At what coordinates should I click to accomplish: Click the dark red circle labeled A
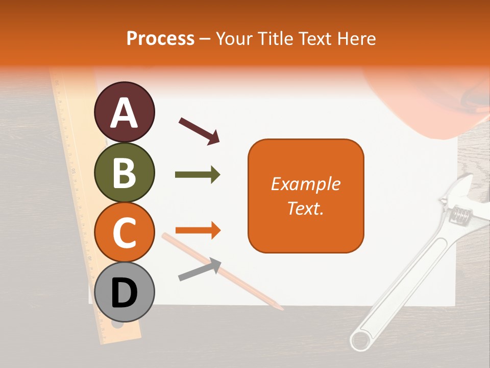(125, 112)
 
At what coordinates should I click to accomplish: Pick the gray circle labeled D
(125, 292)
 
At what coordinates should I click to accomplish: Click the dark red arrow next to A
(199, 130)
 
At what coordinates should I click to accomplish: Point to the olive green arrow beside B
(198, 175)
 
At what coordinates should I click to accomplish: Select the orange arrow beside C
(198, 231)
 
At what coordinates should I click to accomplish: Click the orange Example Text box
(306, 196)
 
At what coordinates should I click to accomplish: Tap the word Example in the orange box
(306, 184)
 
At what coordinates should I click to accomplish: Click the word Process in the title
(160, 38)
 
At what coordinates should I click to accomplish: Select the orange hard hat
(429, 107)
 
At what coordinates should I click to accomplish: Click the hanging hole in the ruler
(118, 325)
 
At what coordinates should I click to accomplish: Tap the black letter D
(125, 293)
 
